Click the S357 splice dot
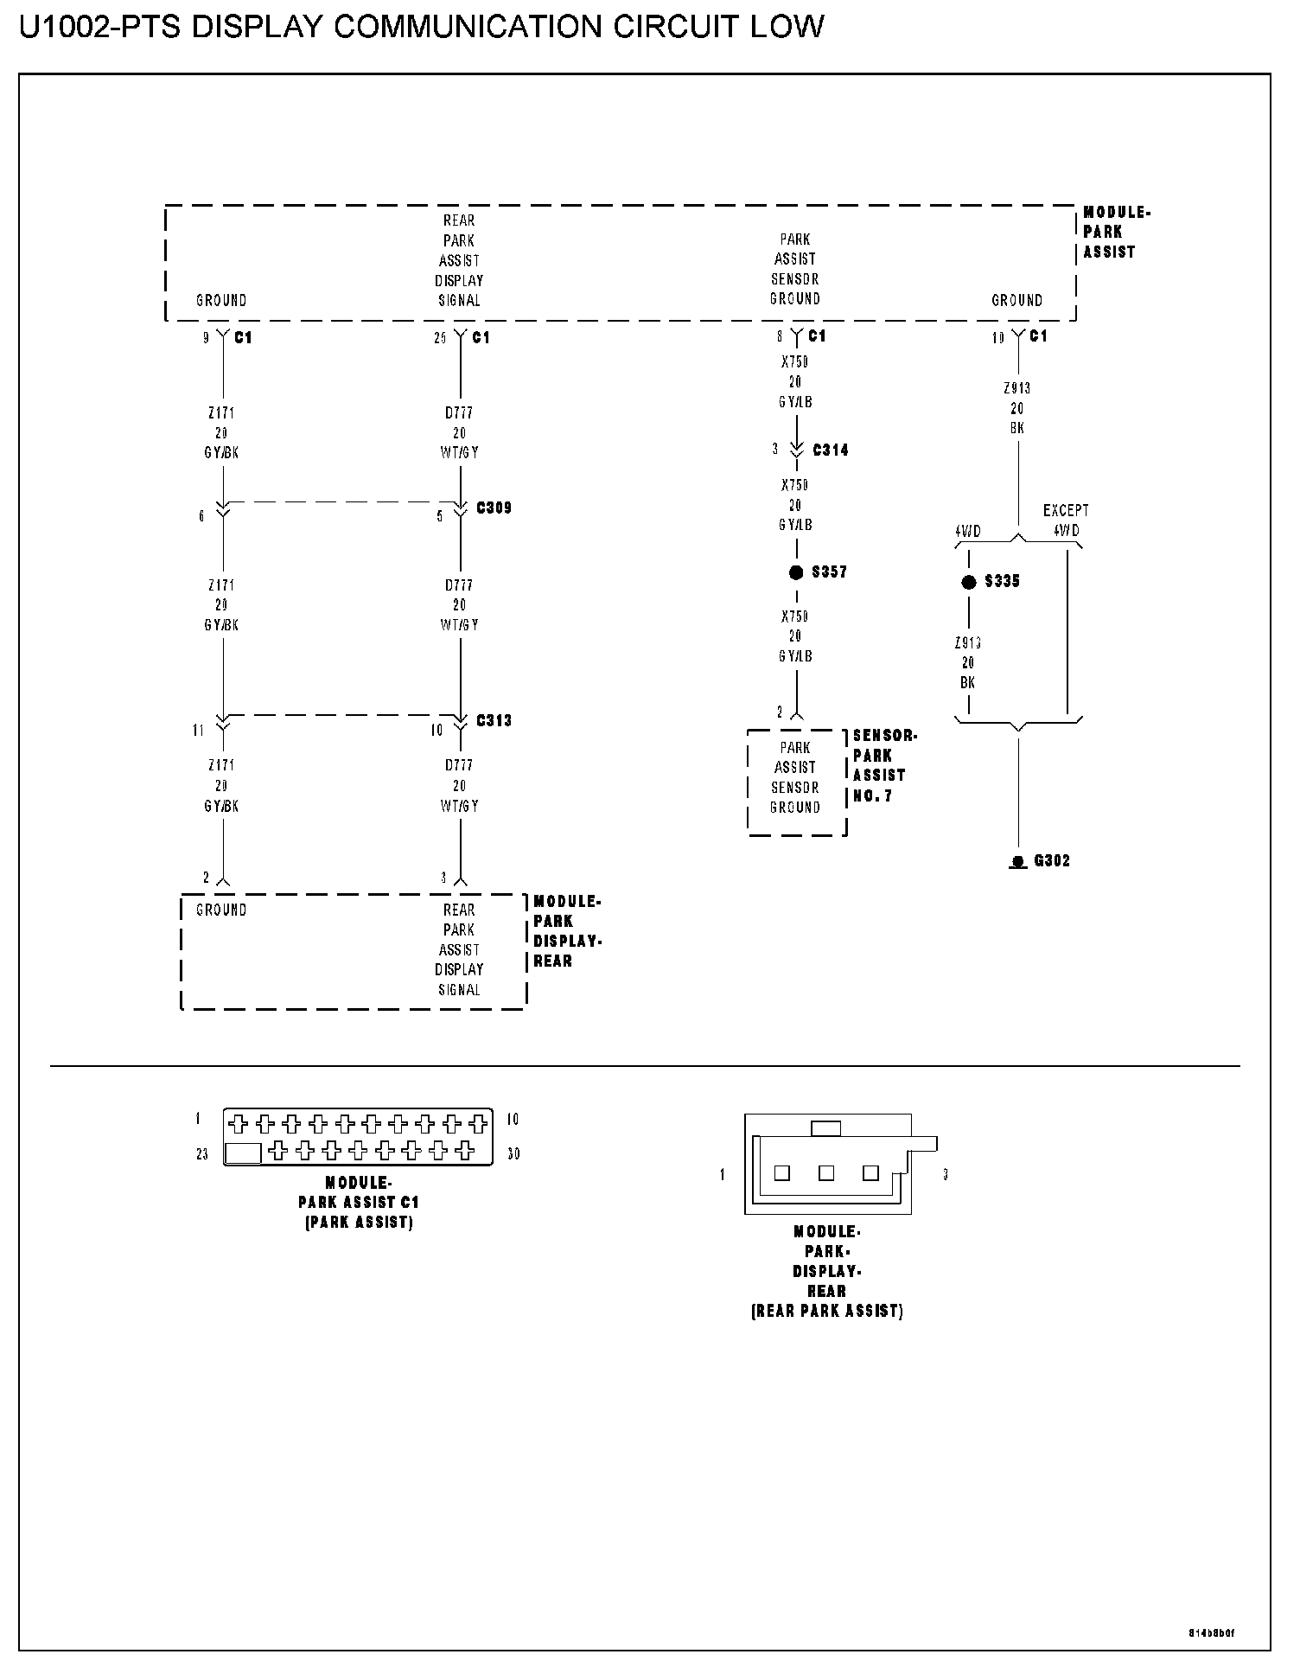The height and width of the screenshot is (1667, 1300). tap(796, 572)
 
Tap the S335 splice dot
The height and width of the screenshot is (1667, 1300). tap(968, 582)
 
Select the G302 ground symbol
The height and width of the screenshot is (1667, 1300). tap(1018, 861)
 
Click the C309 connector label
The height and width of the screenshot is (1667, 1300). tap(494, 508)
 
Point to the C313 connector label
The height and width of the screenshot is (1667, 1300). tap(494, 720)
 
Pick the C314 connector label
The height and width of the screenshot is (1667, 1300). tap(830, 450)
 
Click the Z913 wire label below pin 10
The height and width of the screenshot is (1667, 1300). tap(1016, 389)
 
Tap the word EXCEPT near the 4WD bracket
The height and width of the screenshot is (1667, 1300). tap(1065, 511)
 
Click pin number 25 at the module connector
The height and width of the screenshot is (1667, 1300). tap(440, 338)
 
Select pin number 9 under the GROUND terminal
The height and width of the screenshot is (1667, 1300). tap(206, 338)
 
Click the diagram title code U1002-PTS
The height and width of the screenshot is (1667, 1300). tap(100, 28)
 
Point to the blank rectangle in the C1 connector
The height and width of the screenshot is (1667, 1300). tap(243, 1153)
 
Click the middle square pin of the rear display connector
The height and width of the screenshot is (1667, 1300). tap(826, 1173)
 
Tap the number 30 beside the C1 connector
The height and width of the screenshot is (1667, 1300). tap(513, 1154)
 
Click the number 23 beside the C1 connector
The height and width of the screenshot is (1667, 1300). tap(201, 1154)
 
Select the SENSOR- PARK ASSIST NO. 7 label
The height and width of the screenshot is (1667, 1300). tap(883, 766)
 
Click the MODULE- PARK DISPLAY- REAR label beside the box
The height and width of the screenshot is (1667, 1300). tap(567, 931)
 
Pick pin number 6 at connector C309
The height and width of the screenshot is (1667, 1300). tap(202, 516)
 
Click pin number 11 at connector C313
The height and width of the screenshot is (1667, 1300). tap(199, 731)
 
